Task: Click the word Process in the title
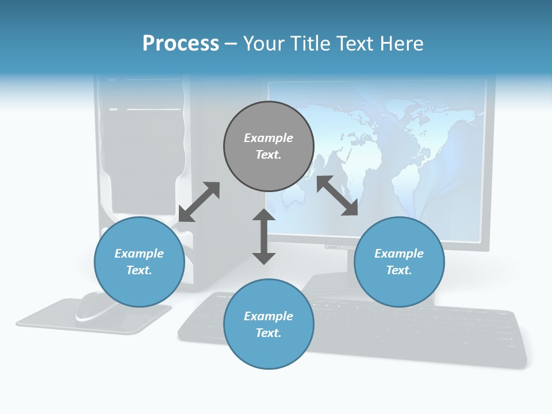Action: pyautogui.click(x=181, y=44)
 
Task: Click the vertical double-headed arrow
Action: pyautogui.click(x=264, y=236)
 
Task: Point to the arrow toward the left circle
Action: pyautogui.click(x=199, y=202)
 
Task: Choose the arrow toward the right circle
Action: pyautogui.click(x=337, y=195)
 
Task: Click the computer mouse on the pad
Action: pyautogui.click(x=95, y=306)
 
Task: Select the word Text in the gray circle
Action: pyautogui.click(x=269, y=155)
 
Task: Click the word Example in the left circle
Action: pyautogui.click(x=139, y=254)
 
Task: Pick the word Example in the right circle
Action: pyautogui.click(x=399, y=254)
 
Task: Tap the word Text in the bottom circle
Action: pyautogui.click(x=269, y=333)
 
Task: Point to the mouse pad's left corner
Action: pyautogui.click(x=18, y=323)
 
